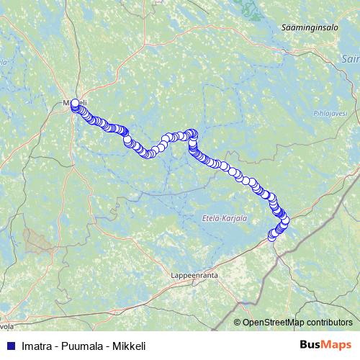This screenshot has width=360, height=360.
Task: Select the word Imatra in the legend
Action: point(37,346)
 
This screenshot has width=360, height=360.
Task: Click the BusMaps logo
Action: point(325,345)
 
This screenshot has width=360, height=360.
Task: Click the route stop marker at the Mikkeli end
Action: point(75,103)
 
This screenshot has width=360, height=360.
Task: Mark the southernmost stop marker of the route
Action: point(272,235)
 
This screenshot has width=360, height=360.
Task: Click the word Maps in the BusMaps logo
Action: point(337,345)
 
